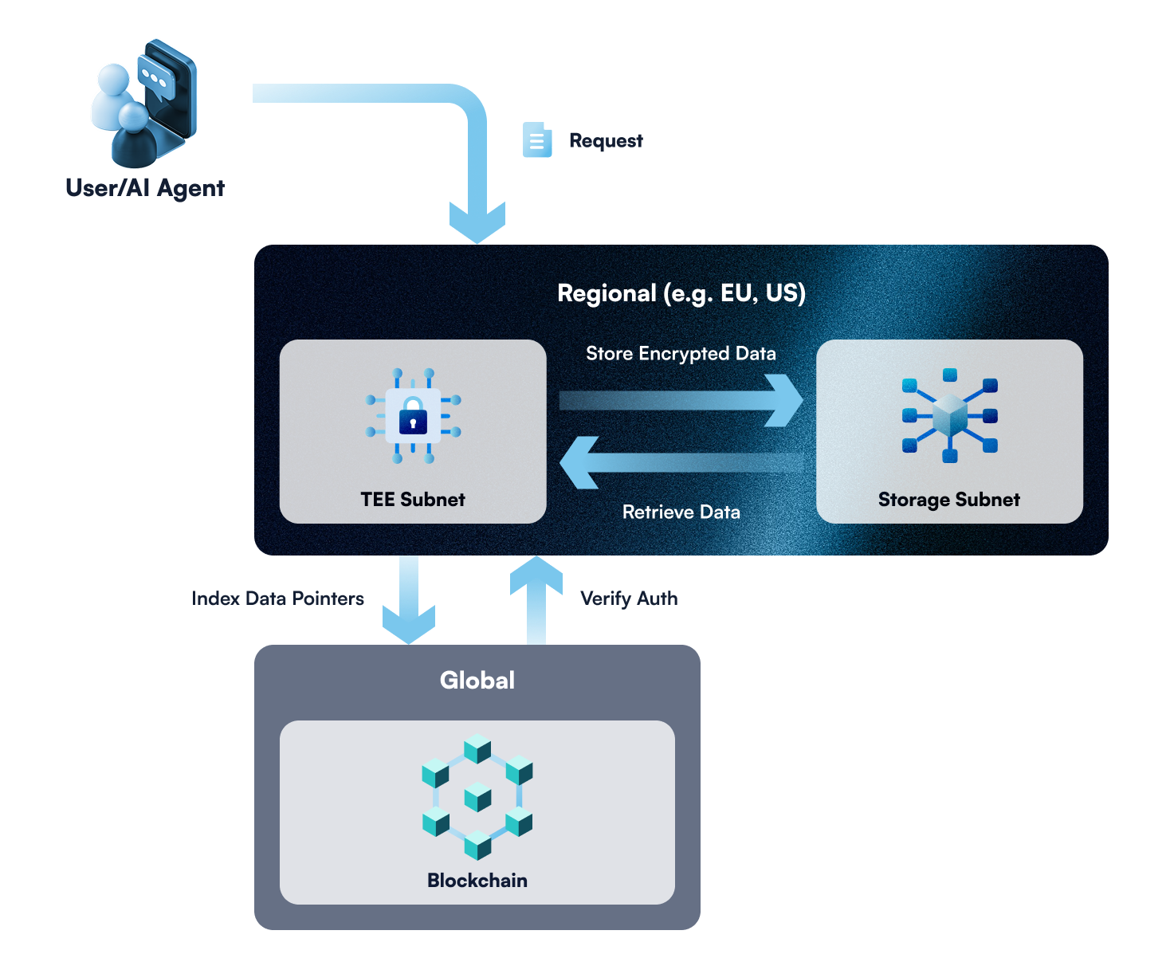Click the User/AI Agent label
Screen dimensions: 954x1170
coord(145,188)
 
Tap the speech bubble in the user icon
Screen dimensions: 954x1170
coord(155,78)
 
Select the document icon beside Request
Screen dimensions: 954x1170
coord(536,140)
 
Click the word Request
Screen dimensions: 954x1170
coord(606,141)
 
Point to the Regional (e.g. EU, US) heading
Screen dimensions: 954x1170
coord(681,293)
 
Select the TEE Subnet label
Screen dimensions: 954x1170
coord(413,500)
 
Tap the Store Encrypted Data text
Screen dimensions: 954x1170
coord(681,354)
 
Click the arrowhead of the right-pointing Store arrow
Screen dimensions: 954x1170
coord(785,400)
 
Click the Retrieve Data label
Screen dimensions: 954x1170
coord(681,512)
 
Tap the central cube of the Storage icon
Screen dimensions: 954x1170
coord(949,415)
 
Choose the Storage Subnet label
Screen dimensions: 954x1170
coord(949,500)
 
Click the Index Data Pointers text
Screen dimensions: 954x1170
coord(278,599)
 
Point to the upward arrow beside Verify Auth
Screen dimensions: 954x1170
coord(536,598)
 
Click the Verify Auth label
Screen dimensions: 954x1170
coord(629,599)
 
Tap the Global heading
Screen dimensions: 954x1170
coord(477,681)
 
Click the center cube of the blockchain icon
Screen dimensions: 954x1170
coord(477,797)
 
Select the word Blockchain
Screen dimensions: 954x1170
coord(477,881)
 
